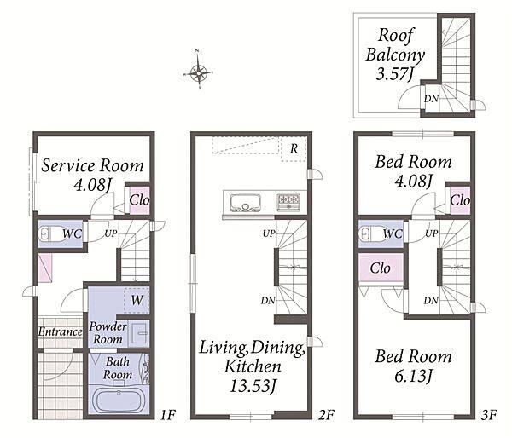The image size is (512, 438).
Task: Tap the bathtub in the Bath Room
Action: coord(119,401)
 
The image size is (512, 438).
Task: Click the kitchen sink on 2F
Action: coord(246,203)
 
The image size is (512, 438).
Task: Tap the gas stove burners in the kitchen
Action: coord(288,202)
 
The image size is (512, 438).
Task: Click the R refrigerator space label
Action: coord(294,149)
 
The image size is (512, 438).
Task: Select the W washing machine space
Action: coord(137,300)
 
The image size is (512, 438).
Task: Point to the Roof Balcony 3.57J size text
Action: coord(395,74)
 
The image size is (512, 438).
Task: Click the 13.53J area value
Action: coord(253,387)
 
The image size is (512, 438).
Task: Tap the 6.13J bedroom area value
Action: coord(413,377)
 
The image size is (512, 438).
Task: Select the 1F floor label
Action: coord(168,415)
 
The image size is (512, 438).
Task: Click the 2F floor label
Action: coord(326,415)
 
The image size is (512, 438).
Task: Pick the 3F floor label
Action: coord(489,415)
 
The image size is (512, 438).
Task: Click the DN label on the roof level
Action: coord(431,99)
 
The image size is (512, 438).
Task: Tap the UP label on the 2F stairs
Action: coord(269,233)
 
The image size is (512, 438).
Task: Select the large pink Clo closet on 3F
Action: coord(381,268)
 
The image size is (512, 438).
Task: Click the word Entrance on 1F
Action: coord(60,331)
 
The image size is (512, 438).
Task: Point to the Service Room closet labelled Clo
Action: coord(140,200)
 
